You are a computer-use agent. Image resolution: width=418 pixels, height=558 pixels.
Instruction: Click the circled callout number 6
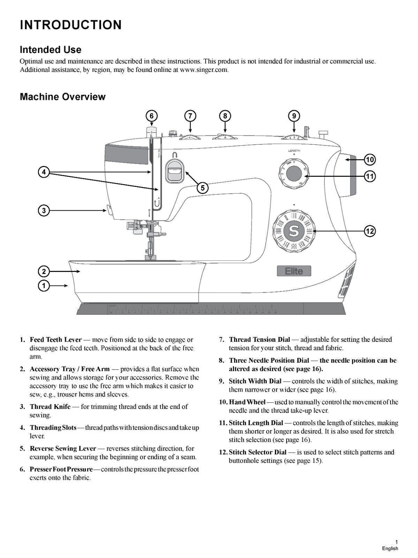click(x=151, y=116)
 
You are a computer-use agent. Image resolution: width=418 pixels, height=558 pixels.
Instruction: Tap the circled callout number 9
click(x=294, y=116)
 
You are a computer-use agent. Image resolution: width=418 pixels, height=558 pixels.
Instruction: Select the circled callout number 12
click(x=370, y=231)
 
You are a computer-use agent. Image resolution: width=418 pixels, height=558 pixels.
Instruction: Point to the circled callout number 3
click(x=44, y=210)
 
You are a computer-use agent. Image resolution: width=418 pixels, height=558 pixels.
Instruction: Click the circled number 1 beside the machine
click(x=44, y=286)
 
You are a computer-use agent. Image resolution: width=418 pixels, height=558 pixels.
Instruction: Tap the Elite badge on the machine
click(x=294, y=271)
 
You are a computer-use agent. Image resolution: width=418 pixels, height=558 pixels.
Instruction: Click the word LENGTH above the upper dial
click(x=294, y=151)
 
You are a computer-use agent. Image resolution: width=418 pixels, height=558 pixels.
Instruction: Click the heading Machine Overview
click(x=62, y=97)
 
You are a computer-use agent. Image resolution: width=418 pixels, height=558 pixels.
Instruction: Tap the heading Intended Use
click(x=51, y=50)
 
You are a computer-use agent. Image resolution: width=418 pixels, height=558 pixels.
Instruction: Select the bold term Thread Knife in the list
click(x=50, y=407)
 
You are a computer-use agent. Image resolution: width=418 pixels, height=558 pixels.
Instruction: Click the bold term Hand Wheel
click(x=247, y=402)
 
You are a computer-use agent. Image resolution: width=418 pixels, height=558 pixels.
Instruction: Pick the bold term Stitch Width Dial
click(x=255, y=381)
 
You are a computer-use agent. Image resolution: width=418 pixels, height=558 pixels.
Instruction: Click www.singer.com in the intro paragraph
click(x=204, y=70)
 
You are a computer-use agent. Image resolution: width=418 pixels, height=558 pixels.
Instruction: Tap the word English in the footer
click(x=390, y=548)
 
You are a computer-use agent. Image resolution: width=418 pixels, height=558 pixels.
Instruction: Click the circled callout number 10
click(x=370, y=160)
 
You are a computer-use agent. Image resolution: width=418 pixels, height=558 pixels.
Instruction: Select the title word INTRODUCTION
click(x=71, y=25)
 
